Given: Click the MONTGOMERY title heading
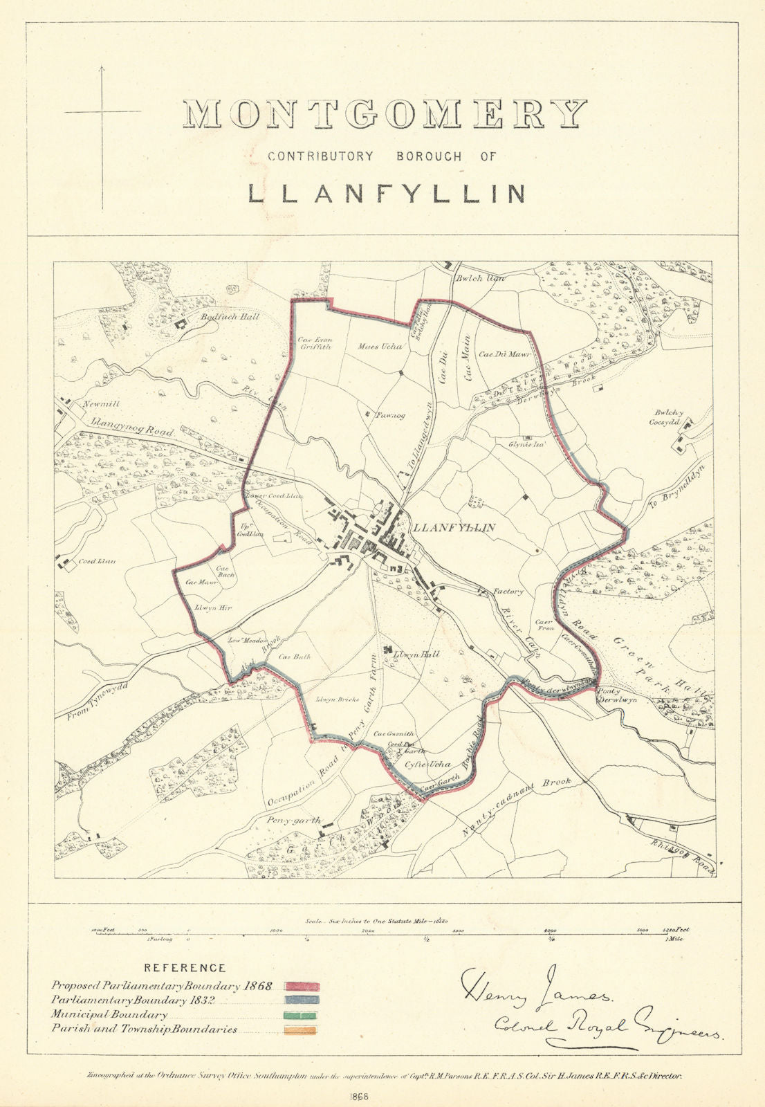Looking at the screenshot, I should coord(385,115).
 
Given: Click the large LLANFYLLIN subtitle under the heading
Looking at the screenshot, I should coord(386,193).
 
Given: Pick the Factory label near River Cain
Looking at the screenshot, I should coord(508,592).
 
